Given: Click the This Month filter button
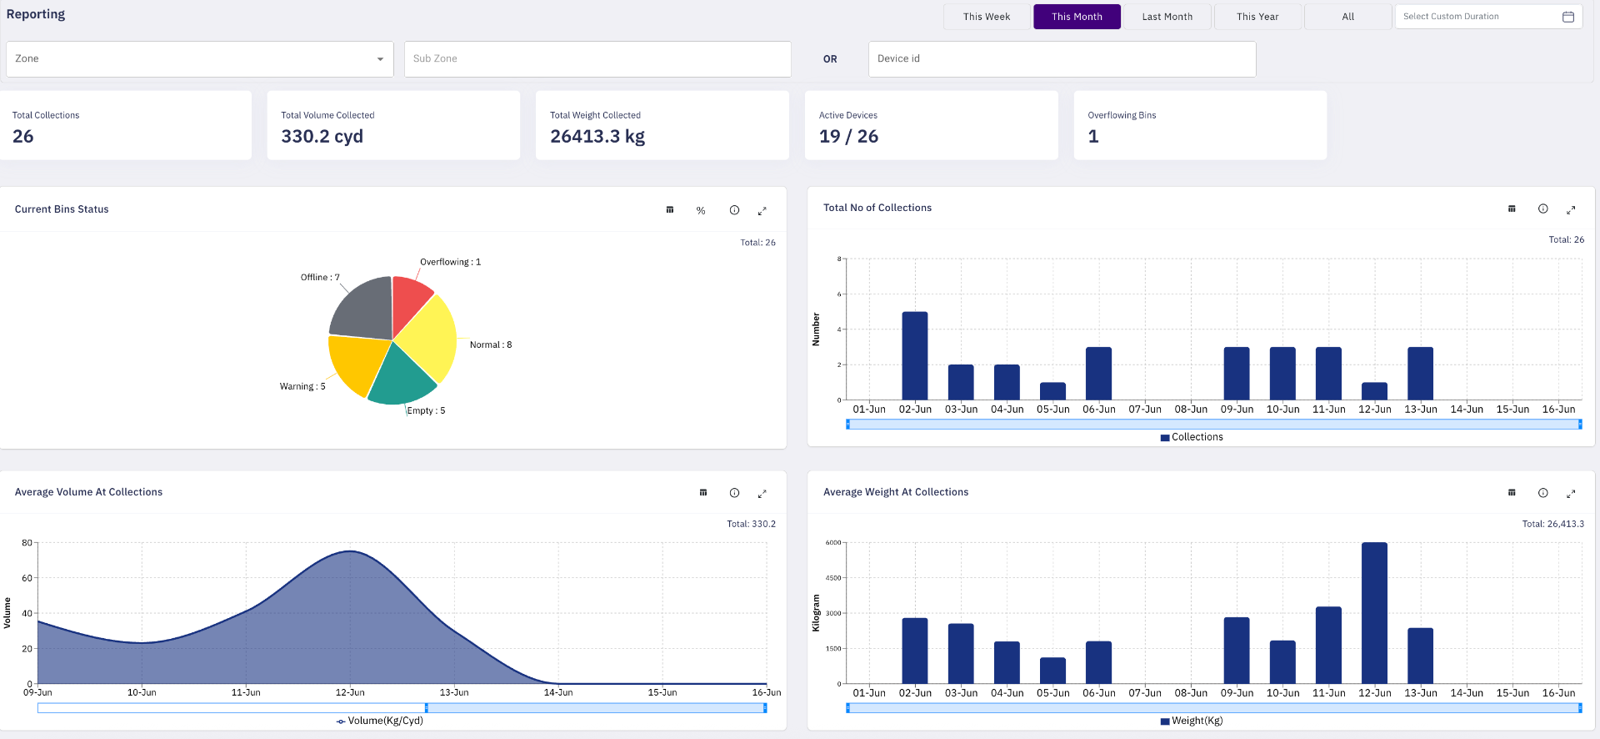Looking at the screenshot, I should [x=1077, y=17].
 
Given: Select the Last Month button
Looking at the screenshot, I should [x=1167, y=17].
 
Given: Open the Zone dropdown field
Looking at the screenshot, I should [x=200, y=59].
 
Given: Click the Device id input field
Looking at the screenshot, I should [x=1062, y=59].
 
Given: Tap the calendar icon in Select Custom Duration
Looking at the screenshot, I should [x=1567, y=17].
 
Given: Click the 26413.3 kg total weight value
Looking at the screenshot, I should [x=597, y=137].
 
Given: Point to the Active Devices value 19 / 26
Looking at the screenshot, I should [x=848, y=137].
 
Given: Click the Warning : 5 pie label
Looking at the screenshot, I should [x=302, y=387].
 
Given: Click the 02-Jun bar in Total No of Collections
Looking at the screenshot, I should [x=915, y=356].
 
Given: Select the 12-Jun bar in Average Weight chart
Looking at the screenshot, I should [x=1374, y=613].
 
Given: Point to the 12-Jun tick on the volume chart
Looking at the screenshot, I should [x=350, y=692].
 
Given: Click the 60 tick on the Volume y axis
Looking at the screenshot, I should [x=27, y=578].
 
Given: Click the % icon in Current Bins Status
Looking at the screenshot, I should [x=701, y=211].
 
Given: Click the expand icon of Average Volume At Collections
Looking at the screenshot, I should [x=762, y=494].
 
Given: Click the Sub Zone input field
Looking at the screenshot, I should [x=597, y=59].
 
